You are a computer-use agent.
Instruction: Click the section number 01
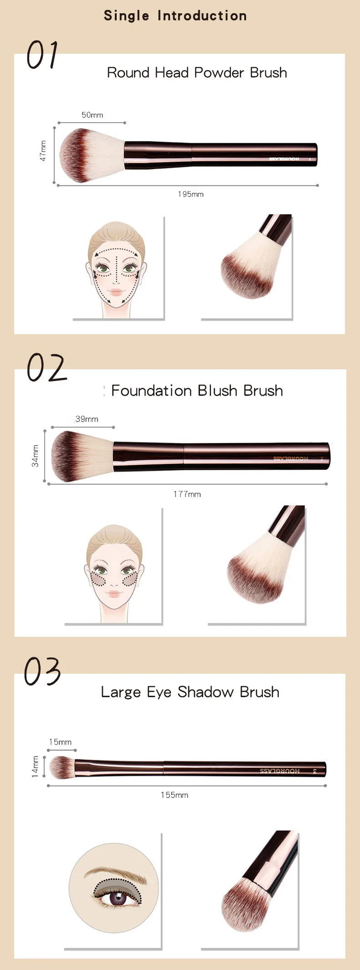42,55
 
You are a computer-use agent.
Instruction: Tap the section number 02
46,368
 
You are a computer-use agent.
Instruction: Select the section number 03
42,671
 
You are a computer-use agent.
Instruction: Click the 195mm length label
190,194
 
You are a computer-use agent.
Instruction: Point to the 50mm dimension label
92,115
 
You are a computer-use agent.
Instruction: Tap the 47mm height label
43,151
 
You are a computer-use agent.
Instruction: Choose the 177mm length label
187,494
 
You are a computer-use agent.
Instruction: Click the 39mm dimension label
87,419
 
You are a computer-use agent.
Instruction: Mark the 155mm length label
174,795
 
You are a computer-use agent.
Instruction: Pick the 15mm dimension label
60,742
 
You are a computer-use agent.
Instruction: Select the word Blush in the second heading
218,391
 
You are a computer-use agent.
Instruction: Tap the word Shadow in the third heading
206,692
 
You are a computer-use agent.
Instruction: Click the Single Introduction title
175,15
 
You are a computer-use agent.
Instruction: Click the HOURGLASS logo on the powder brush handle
284,159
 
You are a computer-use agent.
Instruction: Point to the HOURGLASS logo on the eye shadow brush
280,771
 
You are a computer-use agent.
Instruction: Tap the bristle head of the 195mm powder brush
89,155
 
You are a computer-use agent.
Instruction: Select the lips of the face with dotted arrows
116,292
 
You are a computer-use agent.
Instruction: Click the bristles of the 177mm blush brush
80,456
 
